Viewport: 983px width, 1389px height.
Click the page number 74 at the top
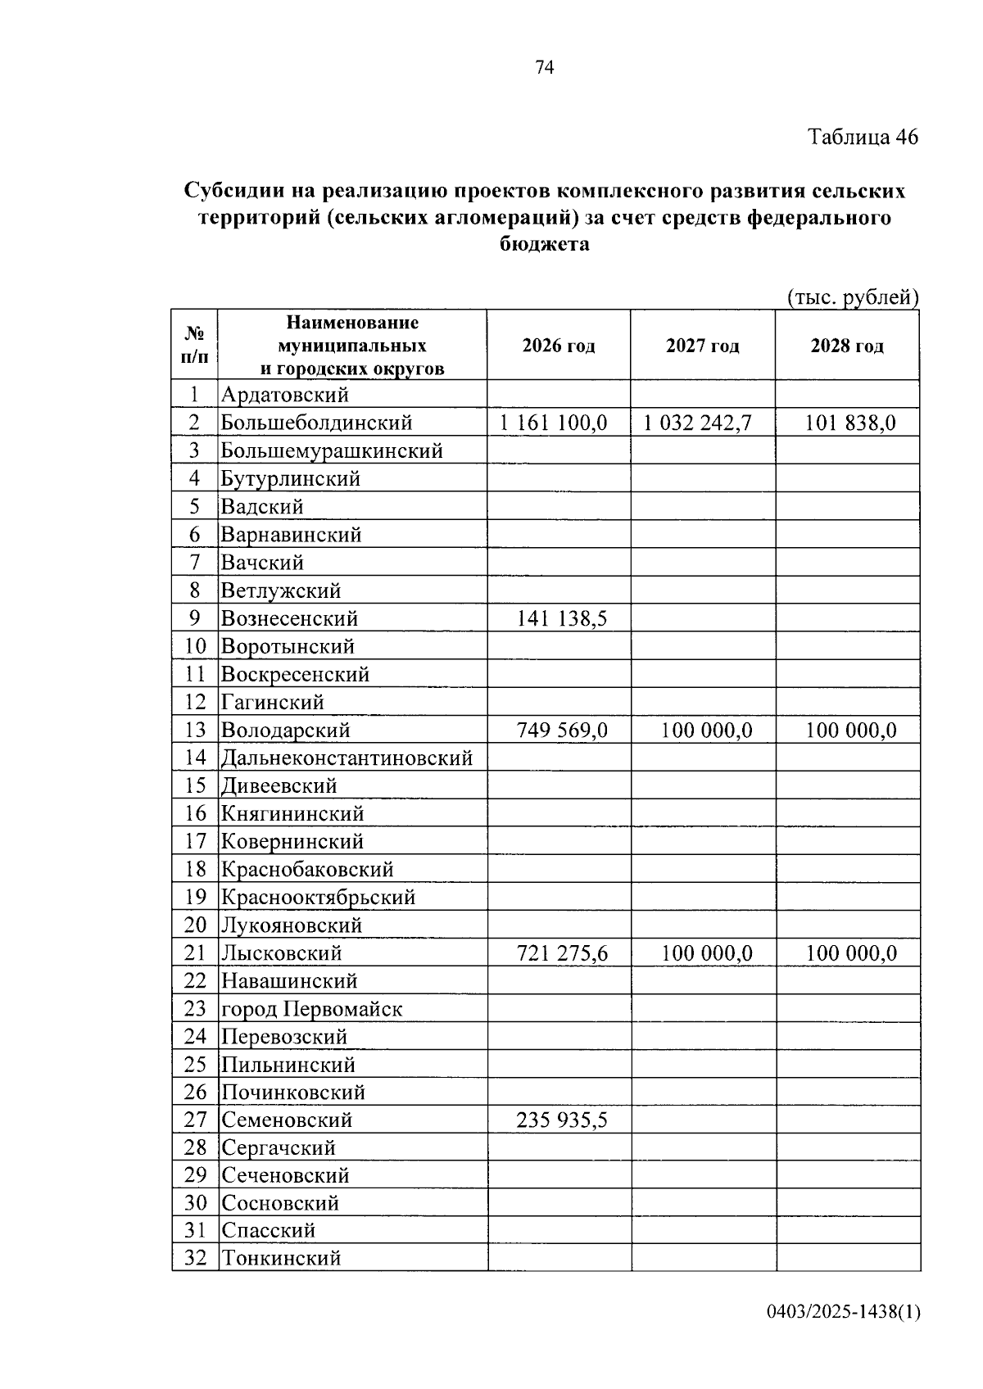545,68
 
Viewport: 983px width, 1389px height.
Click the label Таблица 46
863,137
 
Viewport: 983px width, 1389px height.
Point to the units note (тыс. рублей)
853,297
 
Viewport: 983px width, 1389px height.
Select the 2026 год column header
559,346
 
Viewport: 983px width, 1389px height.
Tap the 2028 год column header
847,346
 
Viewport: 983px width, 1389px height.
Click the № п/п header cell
194,345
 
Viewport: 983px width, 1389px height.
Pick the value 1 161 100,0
554,423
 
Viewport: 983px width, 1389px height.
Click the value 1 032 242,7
697,423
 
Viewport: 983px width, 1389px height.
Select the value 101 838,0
850,423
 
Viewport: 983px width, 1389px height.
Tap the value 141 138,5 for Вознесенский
562,618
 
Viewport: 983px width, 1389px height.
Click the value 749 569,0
562,730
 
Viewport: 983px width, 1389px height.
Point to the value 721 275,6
562,953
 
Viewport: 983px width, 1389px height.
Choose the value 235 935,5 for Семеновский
562,1120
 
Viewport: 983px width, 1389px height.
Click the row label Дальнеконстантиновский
347,758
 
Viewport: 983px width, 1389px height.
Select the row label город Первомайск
312,1009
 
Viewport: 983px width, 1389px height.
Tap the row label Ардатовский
285,395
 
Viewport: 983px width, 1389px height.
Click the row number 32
195,1258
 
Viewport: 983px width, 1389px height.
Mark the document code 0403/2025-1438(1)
844,1313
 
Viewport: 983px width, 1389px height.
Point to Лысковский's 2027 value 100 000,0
706,953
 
